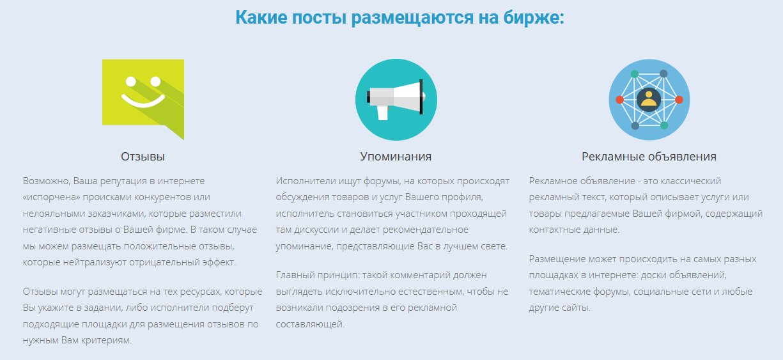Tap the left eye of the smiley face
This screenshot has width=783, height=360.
(x=131, y=81)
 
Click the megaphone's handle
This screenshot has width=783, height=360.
(x=383, y=113)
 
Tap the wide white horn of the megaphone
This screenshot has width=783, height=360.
(x=408, y=97)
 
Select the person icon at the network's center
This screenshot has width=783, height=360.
(x=649, y=100)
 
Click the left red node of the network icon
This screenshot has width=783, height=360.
(x=619, y=100)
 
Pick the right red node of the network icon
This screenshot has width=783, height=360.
(x=679, y=100)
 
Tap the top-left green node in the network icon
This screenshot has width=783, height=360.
(x=635, y=74)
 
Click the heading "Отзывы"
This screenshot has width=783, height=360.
(x=143, y=157)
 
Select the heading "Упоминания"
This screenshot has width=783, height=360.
(x=396, y=157)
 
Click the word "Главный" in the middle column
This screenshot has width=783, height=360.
(x=295, y=276)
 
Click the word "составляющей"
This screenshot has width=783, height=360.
(x=310, y=324)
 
